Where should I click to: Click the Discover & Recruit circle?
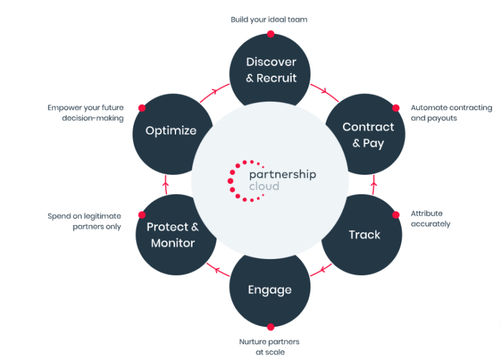coord(271,70)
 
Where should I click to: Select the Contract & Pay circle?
coord(368,135)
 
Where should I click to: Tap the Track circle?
coord(364,235)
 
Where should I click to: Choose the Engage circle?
coord(269,290)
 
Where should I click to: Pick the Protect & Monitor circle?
coord(173,235)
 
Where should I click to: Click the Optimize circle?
coord(171,130)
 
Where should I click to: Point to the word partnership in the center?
coord(282,174)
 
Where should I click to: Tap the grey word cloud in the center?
coord(264,187)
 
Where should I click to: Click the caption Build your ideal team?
coord(269,20)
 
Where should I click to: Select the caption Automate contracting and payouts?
coord(451,113)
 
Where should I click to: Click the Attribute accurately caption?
coord(430,218)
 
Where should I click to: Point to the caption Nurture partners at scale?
coord(269,347)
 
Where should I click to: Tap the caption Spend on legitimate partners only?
coord(84,221)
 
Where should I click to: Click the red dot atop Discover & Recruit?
coord(271,34)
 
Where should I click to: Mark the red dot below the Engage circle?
coord(269,325)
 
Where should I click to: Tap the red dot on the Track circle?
coord(395,215)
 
